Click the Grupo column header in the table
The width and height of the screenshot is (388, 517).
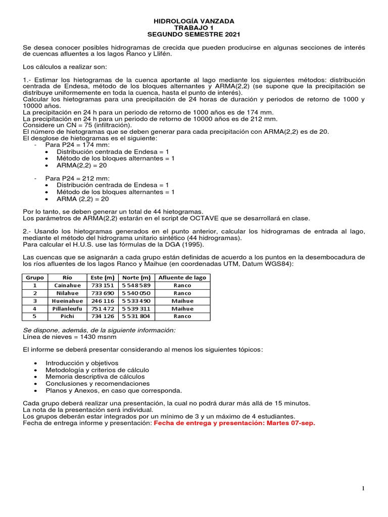tap(35, 278)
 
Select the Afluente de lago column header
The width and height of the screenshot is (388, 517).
tap(182, 278)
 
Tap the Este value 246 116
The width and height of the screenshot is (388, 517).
tap(102, 301)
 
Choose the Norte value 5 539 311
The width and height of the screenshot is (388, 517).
tap(136, 308)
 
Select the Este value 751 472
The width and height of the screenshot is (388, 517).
tap(102, 308)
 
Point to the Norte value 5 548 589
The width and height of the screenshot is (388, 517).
tap(136, 285)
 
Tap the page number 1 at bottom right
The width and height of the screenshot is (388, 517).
tap(363, 488)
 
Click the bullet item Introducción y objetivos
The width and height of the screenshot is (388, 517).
tap(82, 363)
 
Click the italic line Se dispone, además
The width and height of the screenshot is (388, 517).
tap(100, 330)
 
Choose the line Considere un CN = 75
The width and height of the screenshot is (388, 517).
tap(77, 125)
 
